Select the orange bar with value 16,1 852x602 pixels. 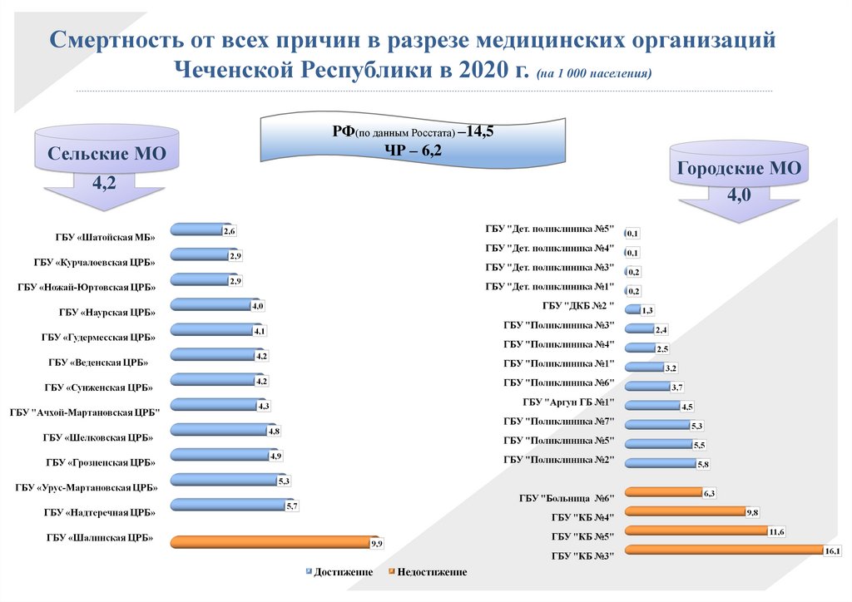pyautogui.click(x=724, y=549)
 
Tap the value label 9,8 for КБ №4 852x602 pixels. pyautogui.click(x=752, y=511)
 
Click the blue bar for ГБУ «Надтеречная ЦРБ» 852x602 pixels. pyautogui.click(x=225, y=504)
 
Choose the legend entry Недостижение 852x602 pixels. pyautogui.click(x=432, y=572)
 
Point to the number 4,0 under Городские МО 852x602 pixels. pyautogui.click(x=739, y=196)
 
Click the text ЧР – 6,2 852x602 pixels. pyautogui.click(x=414, y=150)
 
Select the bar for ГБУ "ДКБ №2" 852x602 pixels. pyautogui.click(x=632, y=309)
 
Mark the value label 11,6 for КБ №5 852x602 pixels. pyautogui.click(x=777, y=530)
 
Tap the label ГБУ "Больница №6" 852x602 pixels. pyautogui.click(x=566, y=499)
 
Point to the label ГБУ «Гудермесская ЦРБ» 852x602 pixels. pyautogui.click(x=98, y=338)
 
